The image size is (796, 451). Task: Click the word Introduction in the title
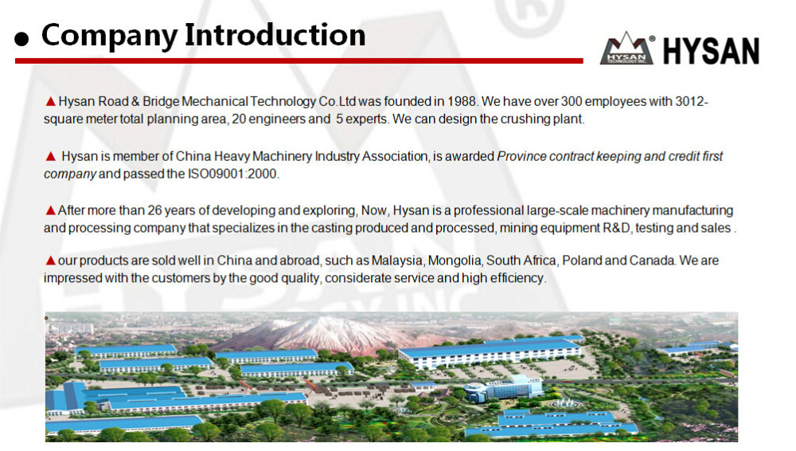click(x=275, y=35)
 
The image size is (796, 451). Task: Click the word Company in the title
click(x=109, y=37)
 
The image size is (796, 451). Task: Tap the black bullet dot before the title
click(x=21, y=38)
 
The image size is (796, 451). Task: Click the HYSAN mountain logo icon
click(x=627, y=49)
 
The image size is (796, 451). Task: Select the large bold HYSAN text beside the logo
click(x=711, y=51)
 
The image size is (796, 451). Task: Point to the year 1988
click(x=462, y=102)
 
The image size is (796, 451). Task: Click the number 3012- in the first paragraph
click(x=692, y=102)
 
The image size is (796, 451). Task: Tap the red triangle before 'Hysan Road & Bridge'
click(x=50, y=102)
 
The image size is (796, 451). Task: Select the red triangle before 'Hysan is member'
click(x=50, y=156)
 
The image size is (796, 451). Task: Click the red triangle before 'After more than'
click(x=50, y=210)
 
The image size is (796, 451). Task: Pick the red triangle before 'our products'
click(x=50, y=261)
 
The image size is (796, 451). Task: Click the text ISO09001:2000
click(x=232, y=174)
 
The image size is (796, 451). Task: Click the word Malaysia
click(x=396, y=261)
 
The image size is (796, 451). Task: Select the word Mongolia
click(x=455, y=261)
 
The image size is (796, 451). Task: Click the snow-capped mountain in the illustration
click(x=325, y=333)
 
